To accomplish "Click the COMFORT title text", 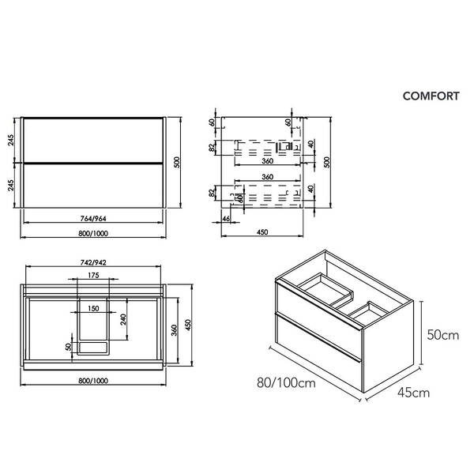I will point(431,96).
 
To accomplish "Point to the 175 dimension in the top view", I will point(94,276).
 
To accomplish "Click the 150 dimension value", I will point(94,308).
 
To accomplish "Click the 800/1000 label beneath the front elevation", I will point(94,234).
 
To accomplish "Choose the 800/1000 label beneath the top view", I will point(94,381).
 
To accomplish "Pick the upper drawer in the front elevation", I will point(94,139).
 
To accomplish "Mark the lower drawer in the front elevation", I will point(94,186).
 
